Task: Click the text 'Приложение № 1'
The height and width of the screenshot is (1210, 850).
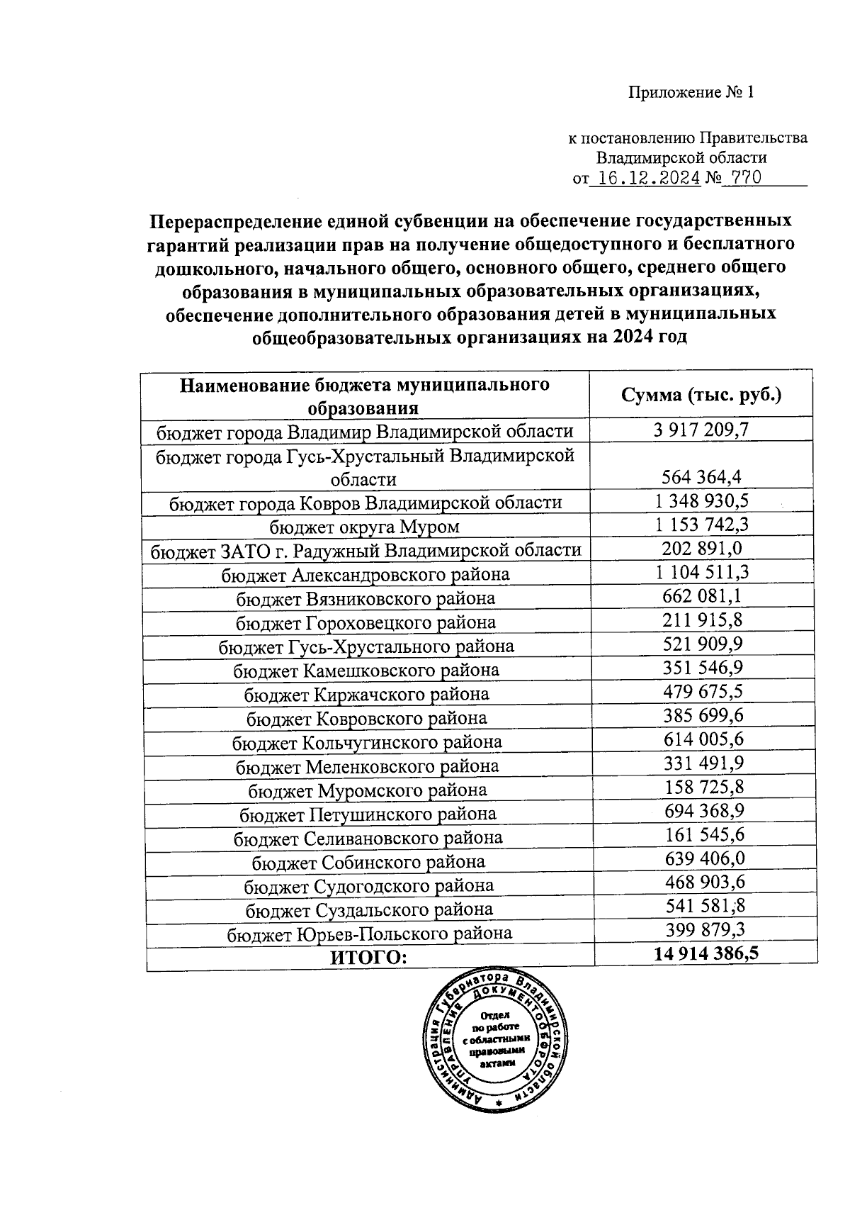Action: coord(691,93)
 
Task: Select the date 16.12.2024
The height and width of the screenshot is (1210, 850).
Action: coord(645,178)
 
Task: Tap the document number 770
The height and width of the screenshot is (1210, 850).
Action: coord(743,178)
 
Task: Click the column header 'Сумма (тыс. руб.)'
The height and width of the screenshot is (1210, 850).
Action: coord(701,395)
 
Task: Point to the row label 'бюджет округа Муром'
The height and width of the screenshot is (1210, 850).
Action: coord(364,527)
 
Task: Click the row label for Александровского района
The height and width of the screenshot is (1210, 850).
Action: coord(365,574)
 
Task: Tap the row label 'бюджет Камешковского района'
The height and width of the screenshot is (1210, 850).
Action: coord(366,670)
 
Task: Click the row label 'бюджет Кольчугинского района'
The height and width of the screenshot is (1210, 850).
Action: coord(367,742)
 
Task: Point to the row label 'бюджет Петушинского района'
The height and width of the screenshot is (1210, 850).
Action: coord(368,814)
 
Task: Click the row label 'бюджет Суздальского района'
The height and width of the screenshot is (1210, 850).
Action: coord(369,909)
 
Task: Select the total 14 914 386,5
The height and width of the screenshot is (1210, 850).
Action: coord(706,953)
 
